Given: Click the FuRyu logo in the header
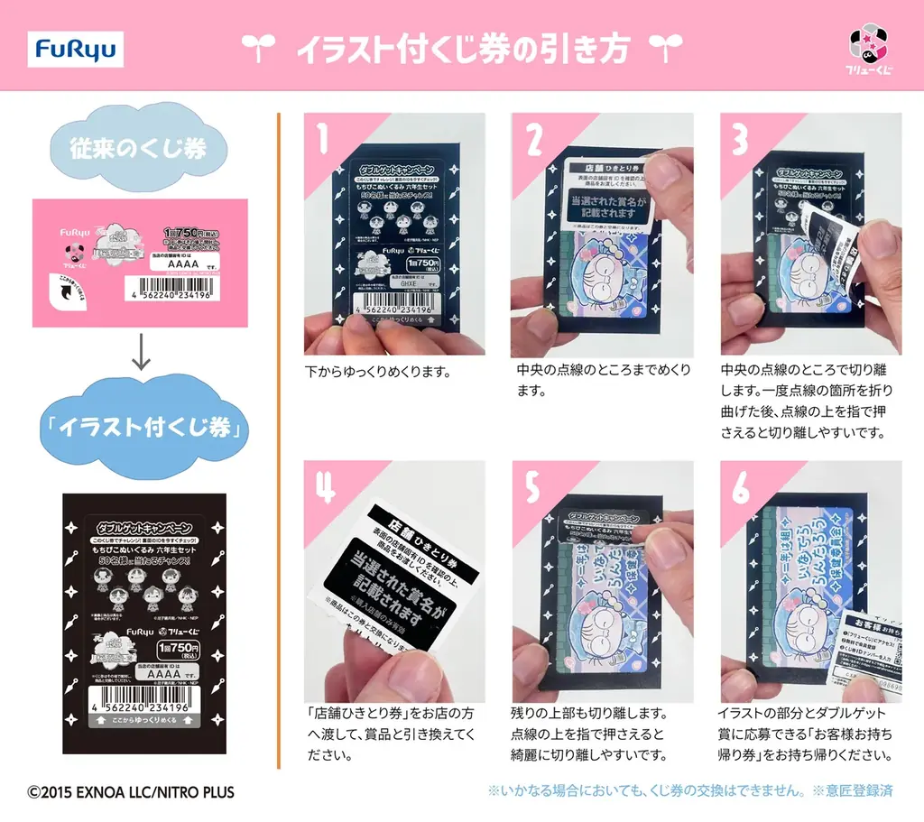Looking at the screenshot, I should [x=76, y=50].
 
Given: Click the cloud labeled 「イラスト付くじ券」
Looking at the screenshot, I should [x=139, y=428].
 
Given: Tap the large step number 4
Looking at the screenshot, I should [x=324, y=488].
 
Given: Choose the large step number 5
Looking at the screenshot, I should [x=532, y=488].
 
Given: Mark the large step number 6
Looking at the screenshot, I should [x=741, y=488].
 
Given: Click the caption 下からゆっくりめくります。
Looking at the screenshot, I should [x=378, y=371].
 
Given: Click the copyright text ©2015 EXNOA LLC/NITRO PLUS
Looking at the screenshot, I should [x=130, y=793].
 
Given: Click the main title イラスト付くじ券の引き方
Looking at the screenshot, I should [x=461, y=50].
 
